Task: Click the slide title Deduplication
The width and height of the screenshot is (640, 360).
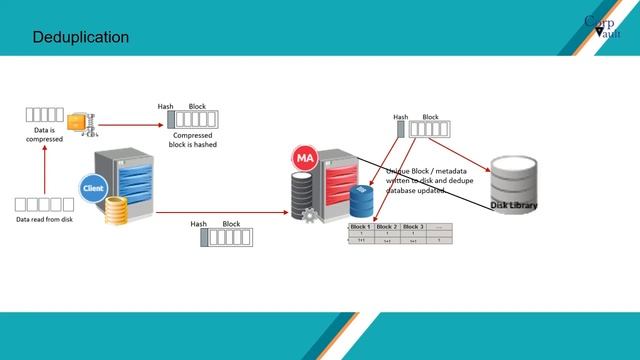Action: pyautogui.click(x=80, y=38)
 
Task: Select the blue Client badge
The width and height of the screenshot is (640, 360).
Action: pyautogui.click(x=94, y=187)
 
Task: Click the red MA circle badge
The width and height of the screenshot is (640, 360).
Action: pyautogui.click(x=305, y=159)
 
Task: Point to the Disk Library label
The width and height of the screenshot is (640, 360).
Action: pyautogui.click(x=514, y=206)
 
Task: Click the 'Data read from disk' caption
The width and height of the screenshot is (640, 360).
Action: pyautogui.click(x=44, y=219)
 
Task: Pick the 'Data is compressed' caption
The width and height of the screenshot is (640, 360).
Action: pyautogui.click(x=44, y=135)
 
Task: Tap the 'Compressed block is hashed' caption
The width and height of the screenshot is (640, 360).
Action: pyautogui.click(x=195, y=140)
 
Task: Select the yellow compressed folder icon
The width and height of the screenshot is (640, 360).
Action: pyautogui.click(x=77, y=122)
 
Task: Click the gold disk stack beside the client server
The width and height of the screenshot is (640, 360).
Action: pyautogui.click(x=117, y=211)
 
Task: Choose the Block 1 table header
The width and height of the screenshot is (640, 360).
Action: pyautogui.click(x=360, y=227)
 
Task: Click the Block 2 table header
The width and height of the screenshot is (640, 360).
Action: pyautogui.click(x=387, y=227)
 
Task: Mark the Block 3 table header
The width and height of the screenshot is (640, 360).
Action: pyautogui.click(x=414, y=227)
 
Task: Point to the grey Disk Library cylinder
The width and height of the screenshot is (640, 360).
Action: pyautogui.click(x=514, y=180)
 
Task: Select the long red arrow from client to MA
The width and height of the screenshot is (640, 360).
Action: pyautogui.click(x=220, y=212)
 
